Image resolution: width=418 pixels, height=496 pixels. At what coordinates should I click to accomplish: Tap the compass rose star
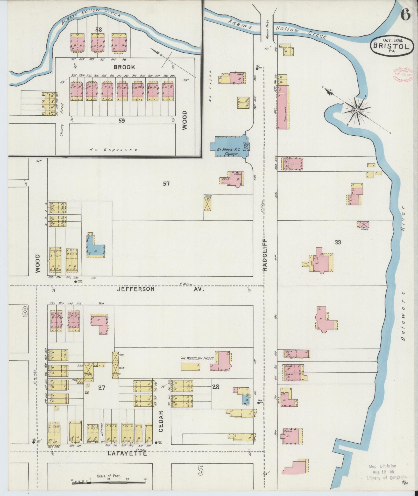click(357, 110)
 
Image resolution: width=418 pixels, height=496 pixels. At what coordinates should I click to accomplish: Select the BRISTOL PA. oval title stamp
click(391, 45)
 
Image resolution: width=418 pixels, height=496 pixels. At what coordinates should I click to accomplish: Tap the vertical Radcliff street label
click(265, 255)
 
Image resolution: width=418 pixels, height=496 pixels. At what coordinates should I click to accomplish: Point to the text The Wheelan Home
click(197, 358)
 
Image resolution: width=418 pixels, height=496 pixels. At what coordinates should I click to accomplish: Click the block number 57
click(166, 184)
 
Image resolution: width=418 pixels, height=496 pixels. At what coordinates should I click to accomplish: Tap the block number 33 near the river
click(337, 242)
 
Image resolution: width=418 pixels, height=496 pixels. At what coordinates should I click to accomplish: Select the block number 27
click(101, 395)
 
